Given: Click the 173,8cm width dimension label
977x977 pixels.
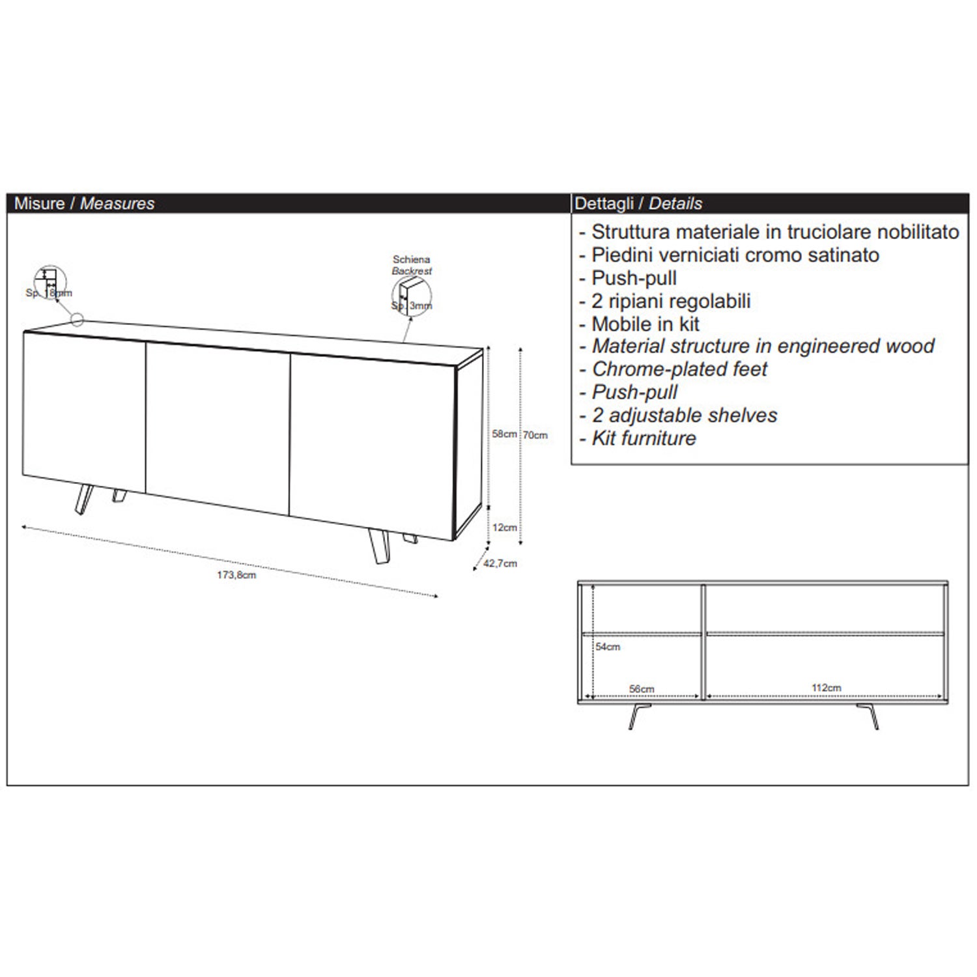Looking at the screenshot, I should tap(236, 575).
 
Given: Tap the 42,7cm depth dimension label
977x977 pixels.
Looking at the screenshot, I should tap(500, 563).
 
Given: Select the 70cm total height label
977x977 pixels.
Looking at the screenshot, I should tap(536, 435).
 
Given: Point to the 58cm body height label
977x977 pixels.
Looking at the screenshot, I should tap(504, 434).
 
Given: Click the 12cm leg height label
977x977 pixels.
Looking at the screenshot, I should tap(505, 528).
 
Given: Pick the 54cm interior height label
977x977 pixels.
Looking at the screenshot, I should tap(608, 647).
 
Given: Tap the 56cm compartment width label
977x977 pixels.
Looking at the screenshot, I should tap(642, 688).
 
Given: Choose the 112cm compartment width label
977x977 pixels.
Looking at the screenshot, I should tap(826, 688).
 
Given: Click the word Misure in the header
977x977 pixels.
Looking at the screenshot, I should tap(39, 203).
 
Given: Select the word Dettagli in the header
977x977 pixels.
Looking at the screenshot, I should tap(602, 203).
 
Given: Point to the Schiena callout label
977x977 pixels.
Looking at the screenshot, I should tap(412, 260).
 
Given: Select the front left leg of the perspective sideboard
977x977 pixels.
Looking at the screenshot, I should tap(81, 500).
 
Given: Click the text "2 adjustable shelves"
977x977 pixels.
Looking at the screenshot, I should tap(684, 416).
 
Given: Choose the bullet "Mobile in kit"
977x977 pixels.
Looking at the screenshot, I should tap(645, 324).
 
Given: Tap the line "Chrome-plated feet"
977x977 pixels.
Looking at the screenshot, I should tap(679, 369).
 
